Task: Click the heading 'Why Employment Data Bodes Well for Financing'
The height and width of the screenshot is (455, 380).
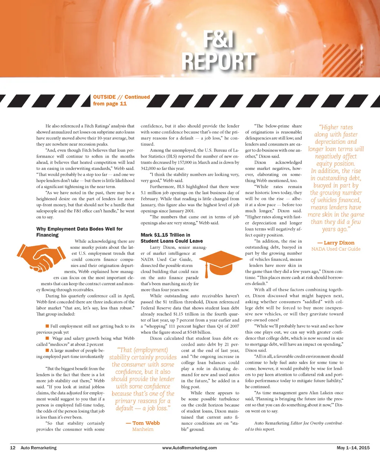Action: point(79,232)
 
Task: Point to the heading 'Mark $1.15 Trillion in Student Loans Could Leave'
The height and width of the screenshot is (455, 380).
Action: point(171,238)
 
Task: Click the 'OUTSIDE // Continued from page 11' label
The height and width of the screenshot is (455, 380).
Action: point(121,100)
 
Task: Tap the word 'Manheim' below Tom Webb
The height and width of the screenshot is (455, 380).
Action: point(143,429)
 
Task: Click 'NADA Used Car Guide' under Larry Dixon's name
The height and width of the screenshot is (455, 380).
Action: point(336,249)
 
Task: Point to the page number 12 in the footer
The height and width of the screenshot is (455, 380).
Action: point(12,448)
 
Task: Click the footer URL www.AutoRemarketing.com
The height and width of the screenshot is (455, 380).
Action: point(190,448)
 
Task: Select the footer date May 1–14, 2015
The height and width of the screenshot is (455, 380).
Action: point(353,448)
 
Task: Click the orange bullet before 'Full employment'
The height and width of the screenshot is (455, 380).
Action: point(47,326)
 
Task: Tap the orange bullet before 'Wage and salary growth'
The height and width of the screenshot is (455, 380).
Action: point(47,338)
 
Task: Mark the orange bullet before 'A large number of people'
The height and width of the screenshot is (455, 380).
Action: point(47,350)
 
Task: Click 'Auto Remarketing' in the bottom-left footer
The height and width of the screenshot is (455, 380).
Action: point(39,448)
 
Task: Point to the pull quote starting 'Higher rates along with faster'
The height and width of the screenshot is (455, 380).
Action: point(336,178)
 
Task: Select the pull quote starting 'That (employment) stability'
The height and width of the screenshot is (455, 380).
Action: point(143,379)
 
